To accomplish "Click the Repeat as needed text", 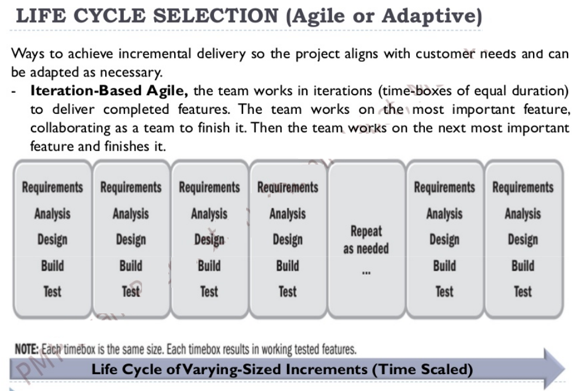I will tap(366, 240).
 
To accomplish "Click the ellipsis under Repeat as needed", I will tap(366, 271).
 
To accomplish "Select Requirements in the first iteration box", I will tap(53, 187).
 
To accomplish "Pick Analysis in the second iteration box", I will tap(130, 214).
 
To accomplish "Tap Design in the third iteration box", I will tap(209, 240).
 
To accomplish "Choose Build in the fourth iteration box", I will tap(287, 266).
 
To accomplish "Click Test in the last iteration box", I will tap(523, 292).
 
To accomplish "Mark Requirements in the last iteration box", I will tap(523, 187).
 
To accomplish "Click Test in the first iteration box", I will tap(53, 292).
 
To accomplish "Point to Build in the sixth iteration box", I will tap(444, 266).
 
